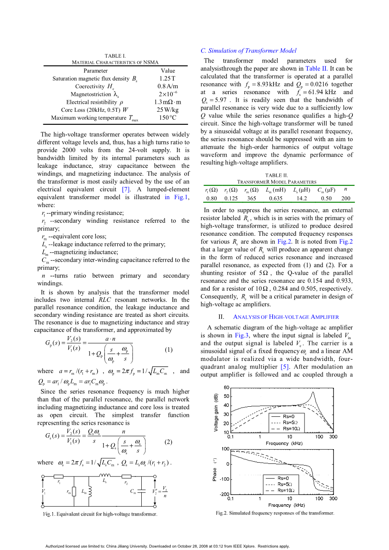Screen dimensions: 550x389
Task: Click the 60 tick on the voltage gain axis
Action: point(226,387)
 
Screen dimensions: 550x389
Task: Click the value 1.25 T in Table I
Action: point(167,79)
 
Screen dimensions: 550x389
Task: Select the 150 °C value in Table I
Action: point(167,118)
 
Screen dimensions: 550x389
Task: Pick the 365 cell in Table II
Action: point(251,198)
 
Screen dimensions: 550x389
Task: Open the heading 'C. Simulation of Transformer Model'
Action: point(249,51)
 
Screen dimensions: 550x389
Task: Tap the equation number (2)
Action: point(168,442)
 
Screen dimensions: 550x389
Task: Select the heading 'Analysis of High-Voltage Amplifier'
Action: point(286,317)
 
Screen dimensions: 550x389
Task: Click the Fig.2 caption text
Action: point(275,513)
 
